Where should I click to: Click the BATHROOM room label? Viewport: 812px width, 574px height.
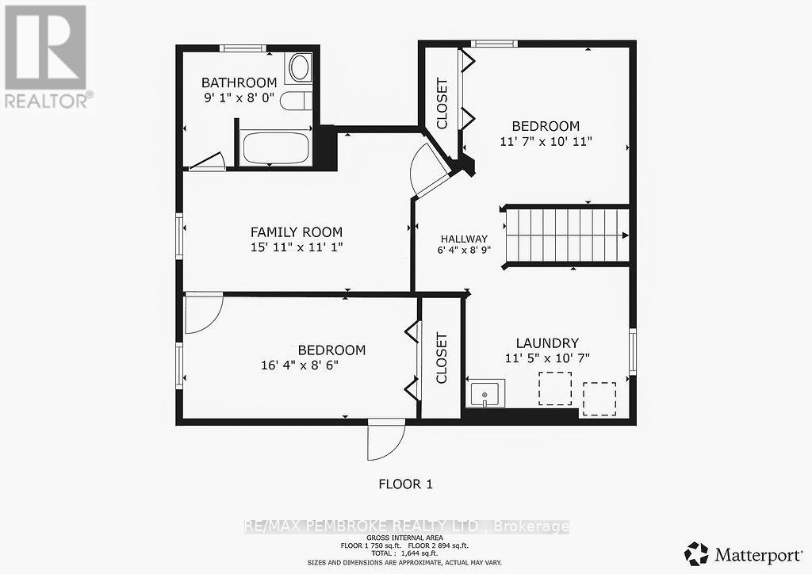point(239,82)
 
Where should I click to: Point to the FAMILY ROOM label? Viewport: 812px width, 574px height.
point(297,232)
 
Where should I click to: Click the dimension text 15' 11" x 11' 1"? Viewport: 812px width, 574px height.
point(297,247)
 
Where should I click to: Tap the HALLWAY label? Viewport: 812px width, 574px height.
point(464,239)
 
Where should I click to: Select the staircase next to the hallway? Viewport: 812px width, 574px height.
point(566,235)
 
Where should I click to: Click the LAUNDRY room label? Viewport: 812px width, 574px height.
point(547,342)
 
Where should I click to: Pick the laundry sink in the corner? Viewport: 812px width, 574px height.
point(485,393)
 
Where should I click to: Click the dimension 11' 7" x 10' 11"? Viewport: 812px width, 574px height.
point(546,141)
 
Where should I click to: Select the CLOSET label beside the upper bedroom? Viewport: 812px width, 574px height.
point(442,103)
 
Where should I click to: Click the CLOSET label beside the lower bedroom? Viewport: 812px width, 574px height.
point(442,357)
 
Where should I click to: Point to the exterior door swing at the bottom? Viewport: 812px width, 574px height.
point(385,439)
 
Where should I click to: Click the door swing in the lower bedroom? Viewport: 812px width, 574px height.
point(203,314)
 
